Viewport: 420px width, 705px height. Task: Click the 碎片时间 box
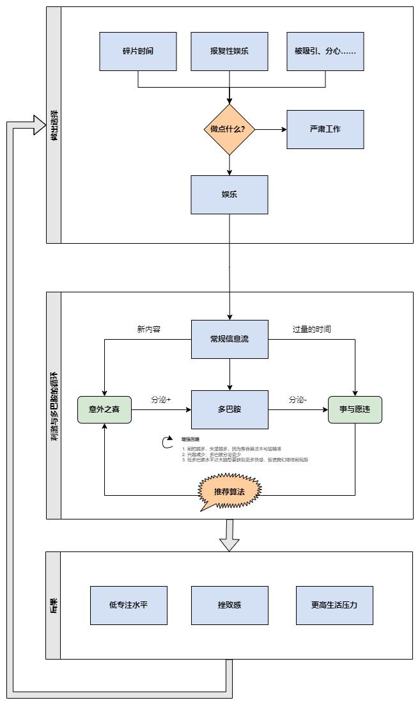138,51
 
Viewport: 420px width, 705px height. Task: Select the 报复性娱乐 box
229,51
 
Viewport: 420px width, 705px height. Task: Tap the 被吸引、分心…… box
325,51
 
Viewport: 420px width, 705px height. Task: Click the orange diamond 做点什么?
229,129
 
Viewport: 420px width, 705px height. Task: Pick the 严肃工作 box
325,129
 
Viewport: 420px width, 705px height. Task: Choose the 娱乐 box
229,194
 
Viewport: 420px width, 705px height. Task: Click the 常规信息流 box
229,339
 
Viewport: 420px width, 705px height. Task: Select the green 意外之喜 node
104,409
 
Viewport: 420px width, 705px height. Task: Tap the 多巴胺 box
229,409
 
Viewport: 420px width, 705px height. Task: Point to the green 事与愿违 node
355,409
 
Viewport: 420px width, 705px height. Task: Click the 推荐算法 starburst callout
229,491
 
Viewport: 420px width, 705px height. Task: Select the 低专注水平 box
128,605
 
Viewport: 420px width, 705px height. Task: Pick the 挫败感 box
229,605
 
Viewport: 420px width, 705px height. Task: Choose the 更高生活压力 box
334,605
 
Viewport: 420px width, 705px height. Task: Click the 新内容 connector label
148,329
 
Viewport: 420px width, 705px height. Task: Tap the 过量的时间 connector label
312,329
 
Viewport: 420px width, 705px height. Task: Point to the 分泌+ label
161,400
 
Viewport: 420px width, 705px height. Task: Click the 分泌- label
298,400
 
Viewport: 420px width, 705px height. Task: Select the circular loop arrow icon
167,441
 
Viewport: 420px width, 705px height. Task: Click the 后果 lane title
54,605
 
